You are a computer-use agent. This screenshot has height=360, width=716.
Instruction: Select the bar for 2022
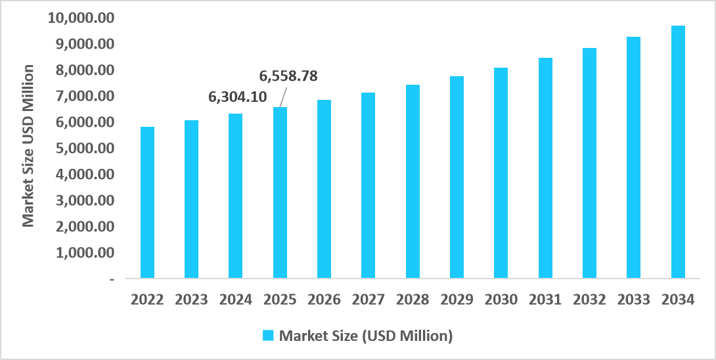(147, 202)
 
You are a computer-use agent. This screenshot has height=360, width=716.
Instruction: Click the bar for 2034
(678, 152)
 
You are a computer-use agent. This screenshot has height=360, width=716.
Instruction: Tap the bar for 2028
(413, 181)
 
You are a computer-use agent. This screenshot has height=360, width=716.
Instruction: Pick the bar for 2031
(545, 168)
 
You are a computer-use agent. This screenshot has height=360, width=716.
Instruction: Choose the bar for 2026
(324, 189)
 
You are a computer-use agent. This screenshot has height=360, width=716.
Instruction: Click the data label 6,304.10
(238, 97)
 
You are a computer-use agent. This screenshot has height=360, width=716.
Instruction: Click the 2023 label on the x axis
(191, 300)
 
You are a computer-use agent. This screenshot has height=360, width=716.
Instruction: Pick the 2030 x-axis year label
(501, 300)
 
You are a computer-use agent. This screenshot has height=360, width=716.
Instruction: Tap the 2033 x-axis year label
(634, 300)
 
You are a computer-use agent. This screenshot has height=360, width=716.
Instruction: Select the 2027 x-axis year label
(369, 300)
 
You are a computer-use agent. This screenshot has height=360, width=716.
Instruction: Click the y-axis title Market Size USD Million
(28, 146)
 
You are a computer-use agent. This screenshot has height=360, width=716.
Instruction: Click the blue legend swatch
(268, 336)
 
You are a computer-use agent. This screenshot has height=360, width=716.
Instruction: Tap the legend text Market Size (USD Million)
(367, 336)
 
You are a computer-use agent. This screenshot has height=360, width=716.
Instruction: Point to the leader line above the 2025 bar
(284, 97)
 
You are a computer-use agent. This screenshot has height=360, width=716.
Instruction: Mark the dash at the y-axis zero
(112, 279)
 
